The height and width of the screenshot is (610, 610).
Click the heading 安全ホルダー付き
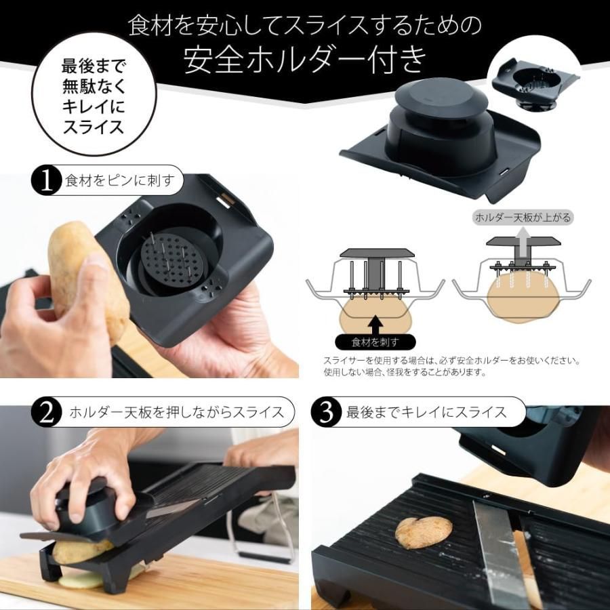pyautogui.click(x=305, y=60)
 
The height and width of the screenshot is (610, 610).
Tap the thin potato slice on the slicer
pyautogui.click(x=424, y=531)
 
